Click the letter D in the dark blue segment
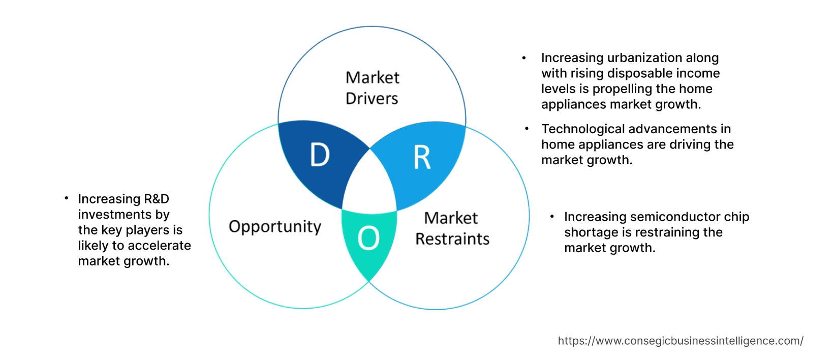click(x=320, y=155)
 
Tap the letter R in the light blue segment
click(x=422, y=158)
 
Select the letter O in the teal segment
click(x=368, y=238)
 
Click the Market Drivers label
click(x=372, y=88)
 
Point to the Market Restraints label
click(x=452, y=228)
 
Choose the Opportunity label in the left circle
click(x=275, y=226)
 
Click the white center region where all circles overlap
click(x=370, y=186)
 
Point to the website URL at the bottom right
click(x=680, y=341)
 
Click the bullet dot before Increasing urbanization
click(x=524, y=58)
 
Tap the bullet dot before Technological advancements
click(x=527, y=129)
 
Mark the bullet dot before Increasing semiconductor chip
click(x=552, y=217)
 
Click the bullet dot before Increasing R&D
click(x=66, y=198)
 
